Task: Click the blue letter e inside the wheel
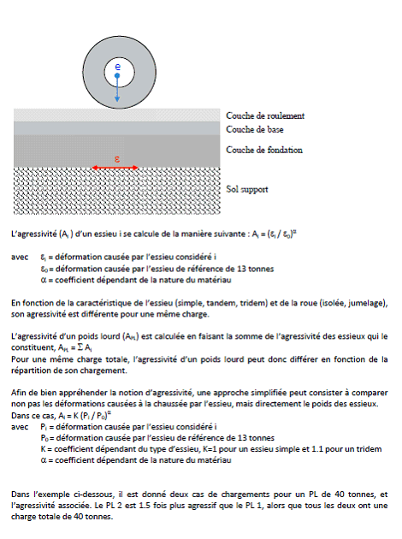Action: coord(117,67)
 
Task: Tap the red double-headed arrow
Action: coord(115,168)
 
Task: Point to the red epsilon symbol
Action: coord(117,159)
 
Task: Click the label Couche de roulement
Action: coord(265,115)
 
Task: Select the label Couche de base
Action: coord(255,129)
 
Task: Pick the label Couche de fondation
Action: coord(264,150)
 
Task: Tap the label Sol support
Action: coord(246,189)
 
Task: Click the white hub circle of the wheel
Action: coord(119,73)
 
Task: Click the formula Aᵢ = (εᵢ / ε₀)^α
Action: coord(275,234)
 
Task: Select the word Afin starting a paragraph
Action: coord(18,393)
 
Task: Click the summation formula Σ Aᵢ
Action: coord(84,348)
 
